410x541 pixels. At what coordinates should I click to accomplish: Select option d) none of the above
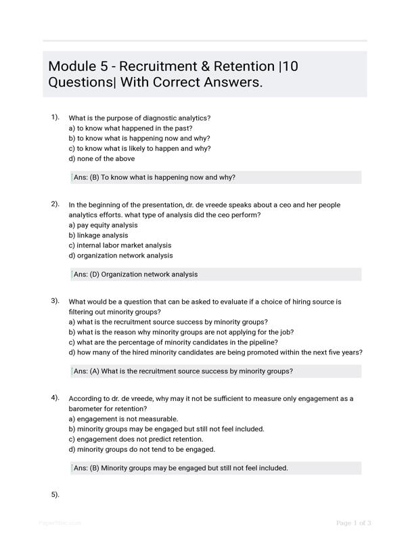[101, 159]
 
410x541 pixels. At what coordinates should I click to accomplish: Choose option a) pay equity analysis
[103, 225]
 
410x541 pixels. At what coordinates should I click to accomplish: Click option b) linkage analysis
[98, 235]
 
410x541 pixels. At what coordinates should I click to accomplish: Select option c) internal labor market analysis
[120, 245]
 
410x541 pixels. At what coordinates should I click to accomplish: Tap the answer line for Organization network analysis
[135, 275]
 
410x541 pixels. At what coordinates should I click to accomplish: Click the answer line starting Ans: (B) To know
[154, 178]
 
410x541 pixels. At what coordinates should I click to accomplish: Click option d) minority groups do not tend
[141, 450]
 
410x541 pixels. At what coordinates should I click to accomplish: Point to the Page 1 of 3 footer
[353, 523]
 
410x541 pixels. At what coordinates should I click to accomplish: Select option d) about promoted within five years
[215, 352]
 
